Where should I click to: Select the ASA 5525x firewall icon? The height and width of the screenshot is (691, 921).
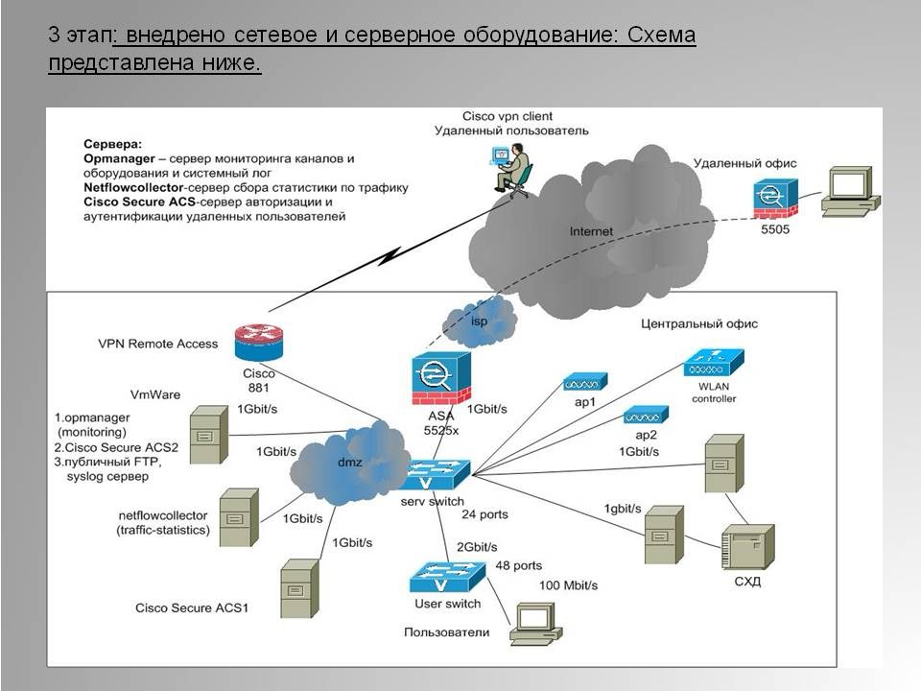[441, 378]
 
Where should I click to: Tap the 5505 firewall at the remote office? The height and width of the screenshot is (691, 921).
[775, 199]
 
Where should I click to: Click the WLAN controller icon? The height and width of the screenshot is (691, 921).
[714, 363]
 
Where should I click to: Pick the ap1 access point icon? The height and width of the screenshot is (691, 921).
[585, 382]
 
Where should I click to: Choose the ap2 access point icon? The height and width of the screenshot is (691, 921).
[646, 415]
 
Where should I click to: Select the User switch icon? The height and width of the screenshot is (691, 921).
[448, 577]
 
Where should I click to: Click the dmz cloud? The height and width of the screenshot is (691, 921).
[348, 463]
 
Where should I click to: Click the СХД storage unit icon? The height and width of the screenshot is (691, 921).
[747, 547]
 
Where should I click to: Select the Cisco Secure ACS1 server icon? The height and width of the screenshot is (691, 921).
[299, 588]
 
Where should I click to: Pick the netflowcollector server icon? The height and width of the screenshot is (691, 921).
[239, 517]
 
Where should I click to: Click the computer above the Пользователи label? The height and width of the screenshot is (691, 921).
[535, 624]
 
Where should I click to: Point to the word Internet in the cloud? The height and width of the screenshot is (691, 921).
[591, 231]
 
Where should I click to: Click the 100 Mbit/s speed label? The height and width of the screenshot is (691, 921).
[569, 585]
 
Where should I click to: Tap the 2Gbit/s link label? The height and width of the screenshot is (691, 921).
[477, 547]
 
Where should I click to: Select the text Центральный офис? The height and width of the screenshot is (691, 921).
[699, 323]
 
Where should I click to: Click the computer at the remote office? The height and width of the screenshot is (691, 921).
[851, 193]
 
